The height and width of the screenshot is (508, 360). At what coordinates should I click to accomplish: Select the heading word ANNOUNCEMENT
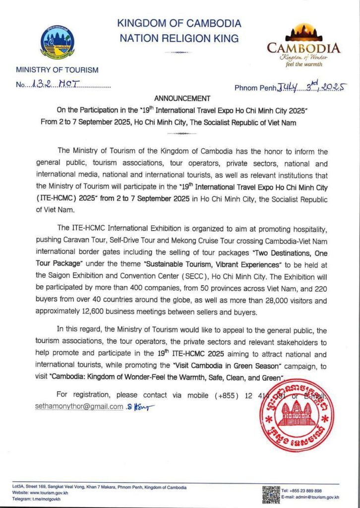coord(182,98)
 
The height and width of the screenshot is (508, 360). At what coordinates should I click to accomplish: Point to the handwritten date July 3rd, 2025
coord(311,87)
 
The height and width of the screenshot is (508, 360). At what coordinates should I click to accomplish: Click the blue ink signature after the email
coord(141,407)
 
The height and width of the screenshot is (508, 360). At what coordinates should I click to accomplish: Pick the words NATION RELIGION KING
coord(180,38)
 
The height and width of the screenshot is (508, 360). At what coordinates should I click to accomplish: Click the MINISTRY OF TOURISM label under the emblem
coord(57,70)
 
